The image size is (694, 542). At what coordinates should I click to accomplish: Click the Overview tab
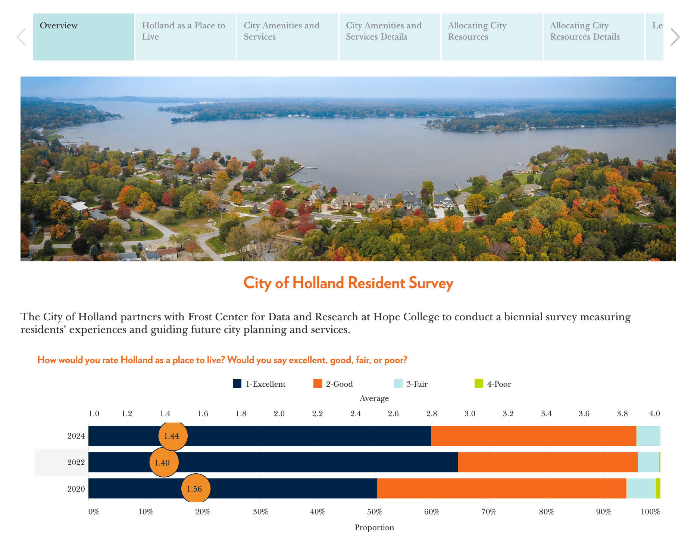pos(83,37)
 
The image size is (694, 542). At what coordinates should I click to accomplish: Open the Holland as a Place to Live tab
pos(185,37)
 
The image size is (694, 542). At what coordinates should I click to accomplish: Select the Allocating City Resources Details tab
pos(594,37)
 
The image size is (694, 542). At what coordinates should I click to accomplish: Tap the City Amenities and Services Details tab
pos(390,37)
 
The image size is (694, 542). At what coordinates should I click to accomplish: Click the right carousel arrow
pos(675,37)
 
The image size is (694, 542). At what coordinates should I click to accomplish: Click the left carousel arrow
pos(21,37)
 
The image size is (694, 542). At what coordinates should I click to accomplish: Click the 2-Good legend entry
pos(334,384)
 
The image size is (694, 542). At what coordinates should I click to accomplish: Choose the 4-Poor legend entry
pos(493,384)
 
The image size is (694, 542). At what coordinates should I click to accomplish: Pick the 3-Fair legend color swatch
pos(398,383)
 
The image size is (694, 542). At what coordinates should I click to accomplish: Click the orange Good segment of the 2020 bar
pos(501,489)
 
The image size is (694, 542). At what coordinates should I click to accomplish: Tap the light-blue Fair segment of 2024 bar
pos(648,436)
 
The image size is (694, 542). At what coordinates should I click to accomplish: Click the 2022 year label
pos(76,462)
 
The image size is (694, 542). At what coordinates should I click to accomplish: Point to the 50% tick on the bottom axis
pos(375,512)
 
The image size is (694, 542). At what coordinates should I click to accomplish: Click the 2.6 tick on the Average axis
pos(393,414)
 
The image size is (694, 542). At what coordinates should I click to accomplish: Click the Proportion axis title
pos(374,527)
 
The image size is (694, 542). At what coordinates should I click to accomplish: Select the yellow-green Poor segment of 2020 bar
pos(658,489)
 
